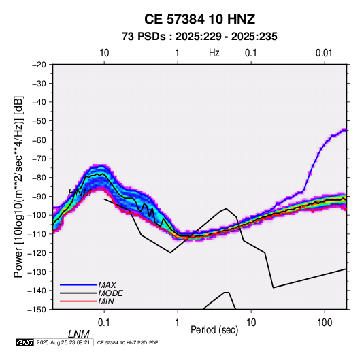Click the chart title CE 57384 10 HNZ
point(199,19)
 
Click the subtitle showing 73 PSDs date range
point(199,37)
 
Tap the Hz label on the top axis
point(214,53)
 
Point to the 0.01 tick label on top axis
point(324,53)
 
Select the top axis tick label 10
point(104,53)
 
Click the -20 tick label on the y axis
point(39,65)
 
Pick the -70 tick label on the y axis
point(39,159)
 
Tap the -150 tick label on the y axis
point(37,310)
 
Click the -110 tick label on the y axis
point(37,234)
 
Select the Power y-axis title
point(18,187)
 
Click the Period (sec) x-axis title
point(214,330)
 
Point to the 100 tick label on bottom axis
point(325,323)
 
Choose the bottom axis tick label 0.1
point(104,323)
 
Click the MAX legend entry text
point(107,285)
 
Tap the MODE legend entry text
point(110,293)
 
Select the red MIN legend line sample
point(78,301)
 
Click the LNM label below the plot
point(79,334)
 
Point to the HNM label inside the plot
point(80,192)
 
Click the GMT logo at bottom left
point(24,342)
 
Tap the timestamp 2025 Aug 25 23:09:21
point(63,342)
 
